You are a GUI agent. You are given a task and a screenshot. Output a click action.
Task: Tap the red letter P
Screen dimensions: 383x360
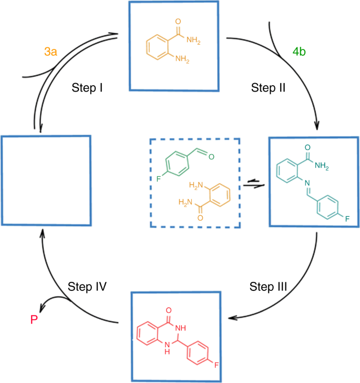tap(34, 319)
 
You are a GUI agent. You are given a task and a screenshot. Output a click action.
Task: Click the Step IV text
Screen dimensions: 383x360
tap(87, 287)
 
